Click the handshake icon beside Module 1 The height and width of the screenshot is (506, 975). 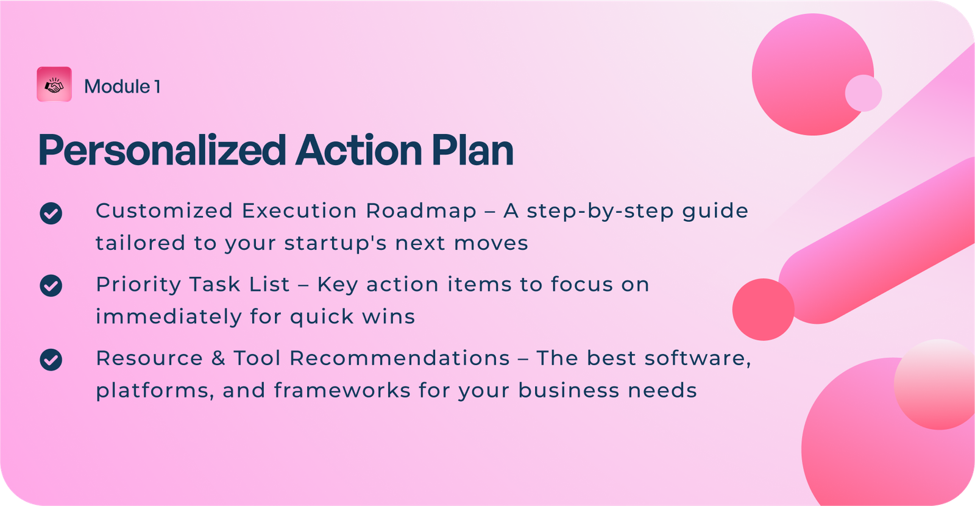(x=54, y=85)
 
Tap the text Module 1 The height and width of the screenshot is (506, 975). (x=122, y=86)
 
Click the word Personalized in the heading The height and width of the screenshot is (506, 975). (x=162, y=151)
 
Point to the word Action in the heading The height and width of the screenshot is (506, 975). (x=358, y=150)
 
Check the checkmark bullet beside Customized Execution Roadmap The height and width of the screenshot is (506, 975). (x=51, y=213)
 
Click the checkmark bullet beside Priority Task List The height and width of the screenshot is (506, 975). (x=51, y=286)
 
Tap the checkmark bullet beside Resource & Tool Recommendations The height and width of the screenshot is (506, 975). (x=51, y=360)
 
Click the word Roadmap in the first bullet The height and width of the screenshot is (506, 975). (x=421, y=212)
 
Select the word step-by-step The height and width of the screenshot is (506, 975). (x=600, y=212)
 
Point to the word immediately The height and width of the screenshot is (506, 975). (x=169, y=316)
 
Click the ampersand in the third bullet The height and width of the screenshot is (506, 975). (x=218, y=358)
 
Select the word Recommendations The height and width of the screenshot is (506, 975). (x=400, y=358)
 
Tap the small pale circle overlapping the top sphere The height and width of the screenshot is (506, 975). (x=863, y=93)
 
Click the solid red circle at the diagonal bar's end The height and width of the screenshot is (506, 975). (x=764, y=310)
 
